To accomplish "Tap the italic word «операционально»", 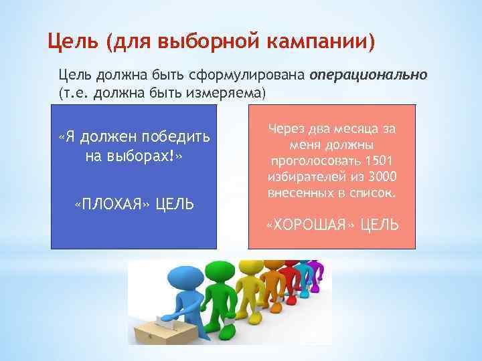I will click(x=368, y=75).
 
